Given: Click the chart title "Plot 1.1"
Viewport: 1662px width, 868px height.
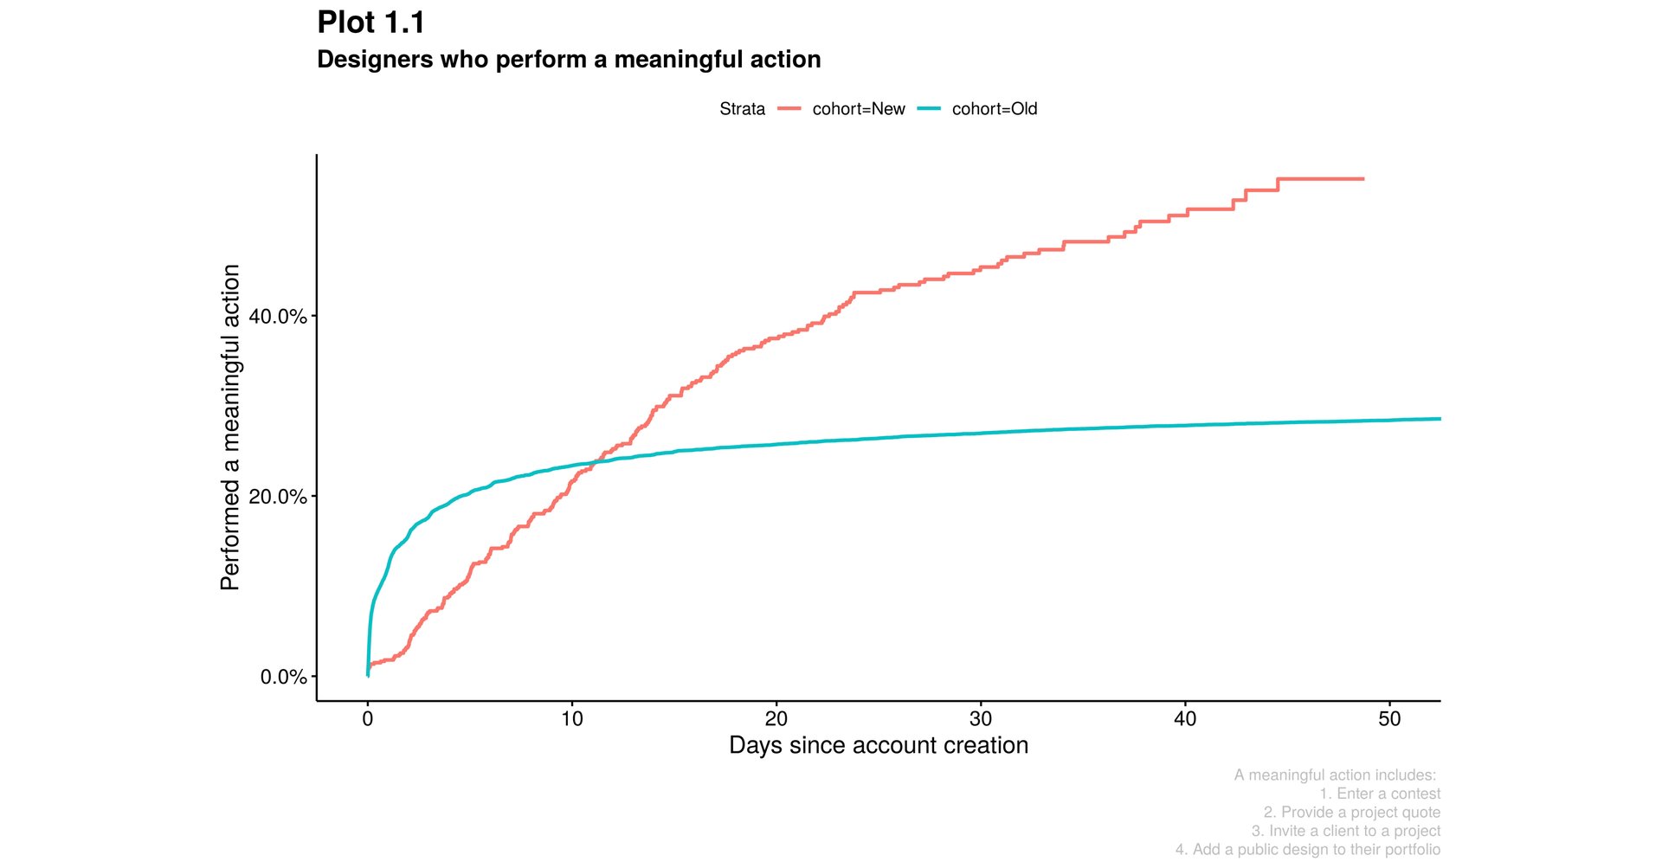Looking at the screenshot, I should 370,23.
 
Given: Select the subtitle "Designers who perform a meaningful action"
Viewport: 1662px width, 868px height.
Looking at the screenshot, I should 569,60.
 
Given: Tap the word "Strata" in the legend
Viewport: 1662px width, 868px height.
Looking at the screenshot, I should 742,109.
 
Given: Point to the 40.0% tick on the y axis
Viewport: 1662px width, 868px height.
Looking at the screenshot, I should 278,317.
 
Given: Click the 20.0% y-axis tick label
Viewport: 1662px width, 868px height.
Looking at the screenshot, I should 278,497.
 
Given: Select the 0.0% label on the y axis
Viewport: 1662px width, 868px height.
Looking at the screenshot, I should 283,677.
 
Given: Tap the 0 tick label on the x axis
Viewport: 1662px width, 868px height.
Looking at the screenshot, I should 368,719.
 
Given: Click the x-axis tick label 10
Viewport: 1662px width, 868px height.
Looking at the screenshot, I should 572,719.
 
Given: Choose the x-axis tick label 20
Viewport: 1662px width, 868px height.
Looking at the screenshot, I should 776,719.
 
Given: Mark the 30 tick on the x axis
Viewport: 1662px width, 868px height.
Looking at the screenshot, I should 981,719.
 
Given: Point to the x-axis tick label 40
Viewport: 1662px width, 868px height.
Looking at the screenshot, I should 1185,719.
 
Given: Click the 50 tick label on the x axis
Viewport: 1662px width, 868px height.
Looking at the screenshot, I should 1389,719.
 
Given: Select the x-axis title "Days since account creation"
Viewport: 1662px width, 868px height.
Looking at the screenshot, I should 879,745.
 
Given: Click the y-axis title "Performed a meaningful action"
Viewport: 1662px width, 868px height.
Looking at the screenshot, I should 230,428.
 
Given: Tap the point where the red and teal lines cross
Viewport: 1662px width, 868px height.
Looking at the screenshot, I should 598,461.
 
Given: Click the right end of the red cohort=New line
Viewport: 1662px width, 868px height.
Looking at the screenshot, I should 1362,179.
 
